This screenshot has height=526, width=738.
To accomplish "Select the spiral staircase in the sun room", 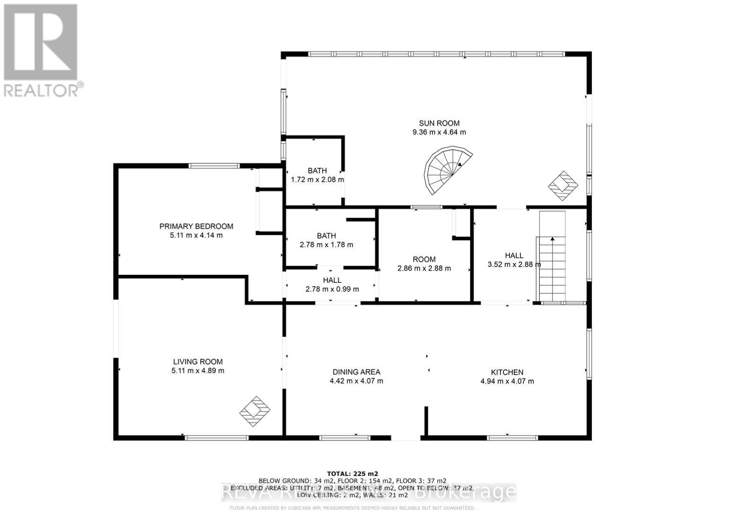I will [447, 170].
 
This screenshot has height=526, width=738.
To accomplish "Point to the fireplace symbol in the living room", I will [255, 411].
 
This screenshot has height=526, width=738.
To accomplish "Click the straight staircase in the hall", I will [552, 258].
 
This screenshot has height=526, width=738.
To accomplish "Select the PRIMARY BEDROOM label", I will [196, 227].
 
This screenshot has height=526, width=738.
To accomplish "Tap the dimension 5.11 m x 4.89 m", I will [197, 371].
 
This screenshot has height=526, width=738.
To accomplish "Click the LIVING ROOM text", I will [197, 362].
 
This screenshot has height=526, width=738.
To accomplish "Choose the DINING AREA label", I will [356, 372].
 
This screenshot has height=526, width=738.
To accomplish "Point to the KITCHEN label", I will [507, 372].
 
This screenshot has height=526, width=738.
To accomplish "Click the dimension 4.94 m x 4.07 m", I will [507, 381].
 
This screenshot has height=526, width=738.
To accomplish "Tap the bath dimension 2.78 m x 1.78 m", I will [326, 245].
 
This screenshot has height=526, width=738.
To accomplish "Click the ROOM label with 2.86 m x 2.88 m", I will [424, 259].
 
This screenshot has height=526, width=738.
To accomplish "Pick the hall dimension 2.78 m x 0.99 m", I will [332, 289].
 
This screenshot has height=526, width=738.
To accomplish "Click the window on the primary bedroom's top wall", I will [214, 166].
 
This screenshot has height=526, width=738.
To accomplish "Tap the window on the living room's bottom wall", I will [216, 438].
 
